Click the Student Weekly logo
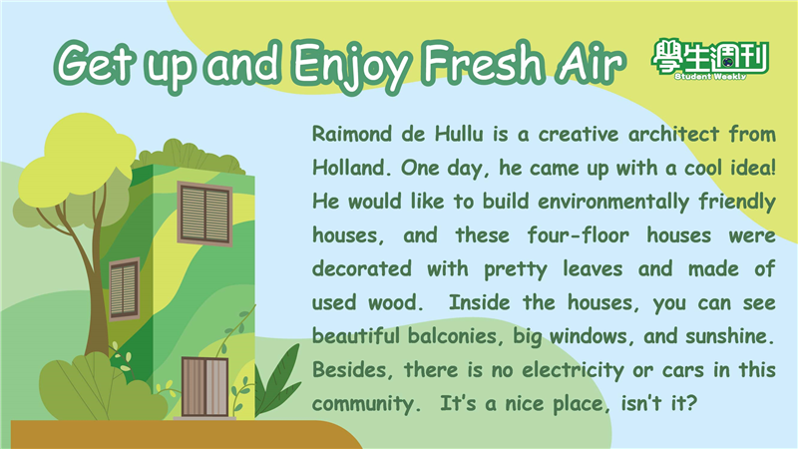coord(710,60)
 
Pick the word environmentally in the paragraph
coord(612,203)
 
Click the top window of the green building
coord(204,214)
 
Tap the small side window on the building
coord(124,288)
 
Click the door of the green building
coord(204,387)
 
